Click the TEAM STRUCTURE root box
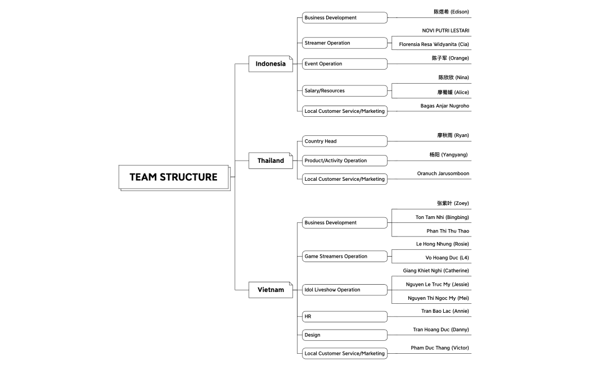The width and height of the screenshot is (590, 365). tap(173, 177)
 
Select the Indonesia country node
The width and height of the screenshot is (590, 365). tap(271, 63)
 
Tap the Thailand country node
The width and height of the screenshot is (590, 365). tap(271, 161)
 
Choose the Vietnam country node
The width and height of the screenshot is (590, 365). tap(271, 290)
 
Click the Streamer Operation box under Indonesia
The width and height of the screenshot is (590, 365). tap(344, 43)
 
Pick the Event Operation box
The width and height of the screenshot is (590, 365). tap(344, 64)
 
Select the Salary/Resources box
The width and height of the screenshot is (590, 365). tap(344, 91)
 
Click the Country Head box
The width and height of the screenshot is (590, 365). tap(344, 141)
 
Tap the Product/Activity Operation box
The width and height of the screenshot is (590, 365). tap(344, 161)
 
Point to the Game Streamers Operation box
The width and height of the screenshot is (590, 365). tap(344, 257)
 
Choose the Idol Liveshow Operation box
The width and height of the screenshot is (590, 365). tap(344, 290)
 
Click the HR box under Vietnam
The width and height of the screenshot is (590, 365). tap(344, 317)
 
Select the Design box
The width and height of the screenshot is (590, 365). tap(344, 335)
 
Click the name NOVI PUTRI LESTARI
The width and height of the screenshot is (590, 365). tap(445, 30)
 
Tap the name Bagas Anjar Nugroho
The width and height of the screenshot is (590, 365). tap(444, 106)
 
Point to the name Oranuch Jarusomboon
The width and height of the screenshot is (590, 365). tap(443, 174)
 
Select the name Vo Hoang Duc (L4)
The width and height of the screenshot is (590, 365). tap(447, 258)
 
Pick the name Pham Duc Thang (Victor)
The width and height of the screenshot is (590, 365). tap(439, 348)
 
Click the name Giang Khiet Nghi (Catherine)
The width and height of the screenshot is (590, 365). tap(435, 271)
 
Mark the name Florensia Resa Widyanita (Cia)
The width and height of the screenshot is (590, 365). tap(434, 44)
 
